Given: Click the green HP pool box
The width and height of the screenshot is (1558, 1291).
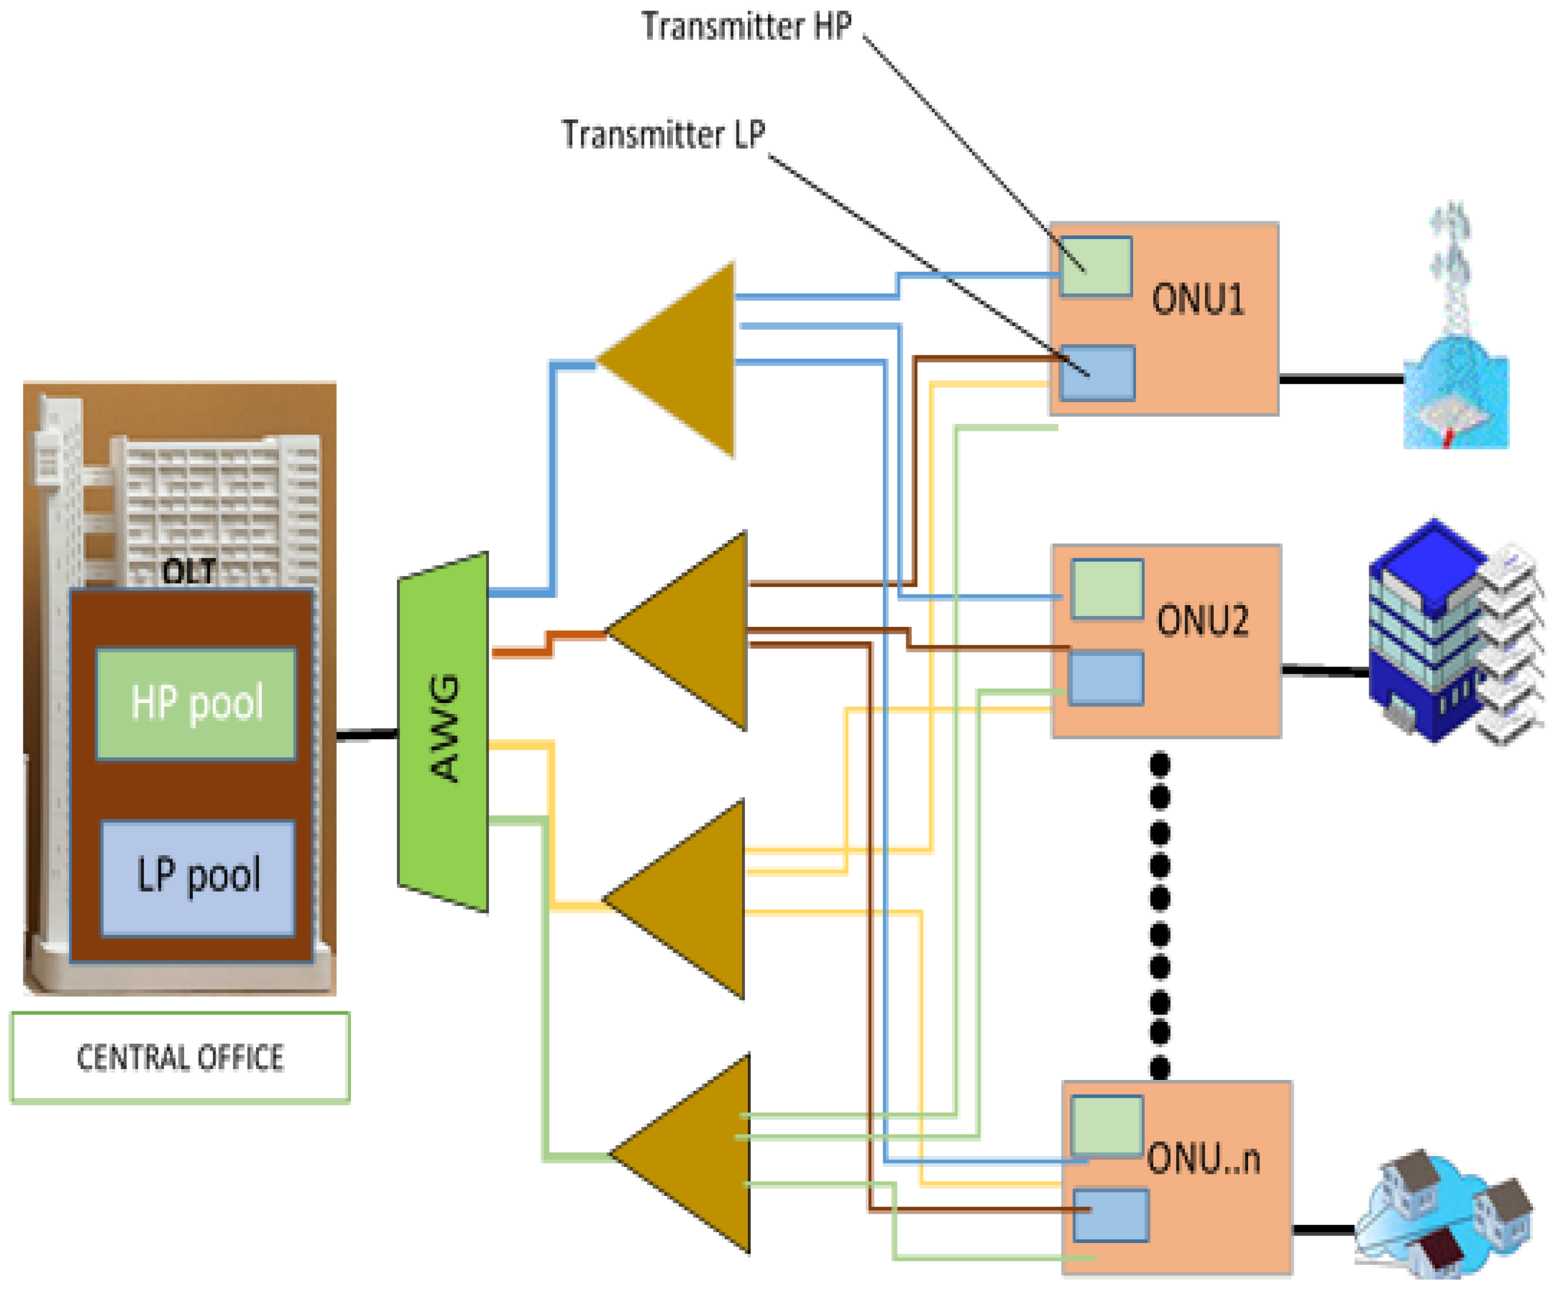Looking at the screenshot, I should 196,704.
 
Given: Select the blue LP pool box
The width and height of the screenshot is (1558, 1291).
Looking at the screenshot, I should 197,877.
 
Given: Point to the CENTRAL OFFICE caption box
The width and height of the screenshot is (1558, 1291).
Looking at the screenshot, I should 180,1057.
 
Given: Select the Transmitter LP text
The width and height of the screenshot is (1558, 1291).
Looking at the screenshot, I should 663,135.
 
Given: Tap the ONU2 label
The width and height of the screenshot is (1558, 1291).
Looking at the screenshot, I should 1202,621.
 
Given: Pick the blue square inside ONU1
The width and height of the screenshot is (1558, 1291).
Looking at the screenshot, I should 1097,374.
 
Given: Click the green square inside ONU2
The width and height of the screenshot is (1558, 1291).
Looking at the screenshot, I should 1107,589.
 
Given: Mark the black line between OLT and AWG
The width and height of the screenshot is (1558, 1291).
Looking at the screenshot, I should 367,735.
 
